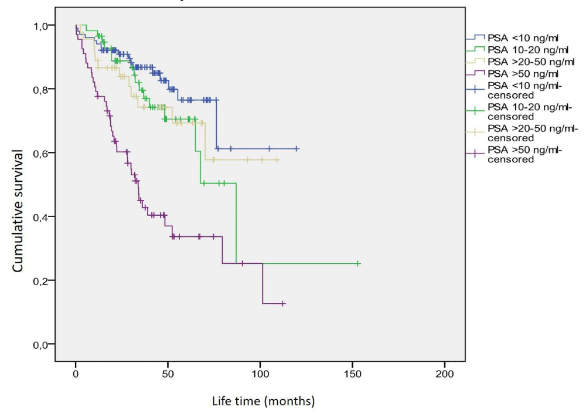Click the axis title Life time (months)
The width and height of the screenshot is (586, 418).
[x=263, y=402]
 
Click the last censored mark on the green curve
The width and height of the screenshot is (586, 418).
[x=358, y=264]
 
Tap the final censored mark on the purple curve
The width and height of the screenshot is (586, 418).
[x=283, y=304]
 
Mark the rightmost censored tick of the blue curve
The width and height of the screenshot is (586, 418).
[x=297, y=149]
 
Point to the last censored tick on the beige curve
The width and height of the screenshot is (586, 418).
[x=277, y=160]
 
